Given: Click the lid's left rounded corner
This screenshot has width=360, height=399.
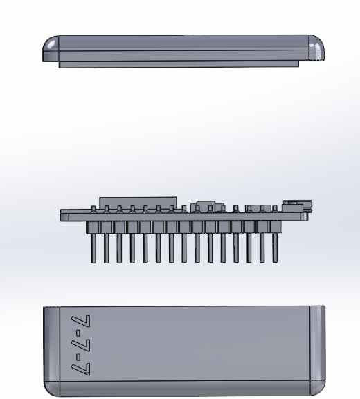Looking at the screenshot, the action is click(51, 48).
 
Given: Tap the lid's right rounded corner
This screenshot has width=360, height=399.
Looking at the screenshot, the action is click(316, 48).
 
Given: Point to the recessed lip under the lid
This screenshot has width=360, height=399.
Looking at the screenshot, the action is click(179, 64).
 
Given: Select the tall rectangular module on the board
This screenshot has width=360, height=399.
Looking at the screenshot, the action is click(138, 203).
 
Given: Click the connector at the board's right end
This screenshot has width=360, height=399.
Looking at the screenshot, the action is click(297, 206).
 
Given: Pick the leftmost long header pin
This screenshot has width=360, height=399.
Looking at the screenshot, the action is click(93, 248).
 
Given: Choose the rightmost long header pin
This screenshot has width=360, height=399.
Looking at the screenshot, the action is click(275, 248).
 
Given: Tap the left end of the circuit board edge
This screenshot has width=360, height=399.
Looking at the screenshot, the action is click(60, 215).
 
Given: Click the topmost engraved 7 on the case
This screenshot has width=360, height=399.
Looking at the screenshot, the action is click(80, 321).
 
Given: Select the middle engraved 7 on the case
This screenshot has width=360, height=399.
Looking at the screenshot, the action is click(80, 344).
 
